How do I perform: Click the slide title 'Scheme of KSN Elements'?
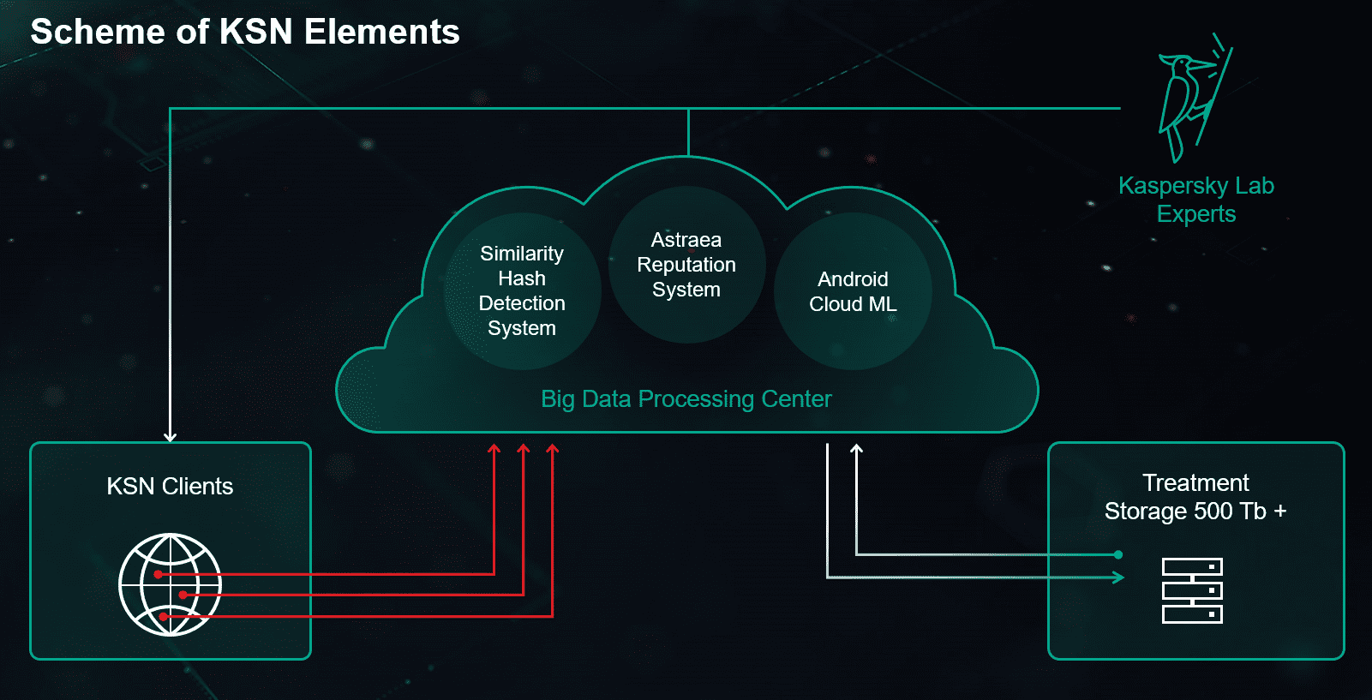pyautogui.click(x=245, y=33)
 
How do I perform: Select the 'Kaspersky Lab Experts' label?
pyautogui.click(x=1196, y=200)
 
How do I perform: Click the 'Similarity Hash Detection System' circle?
pyautogui.click(x=522, y=291)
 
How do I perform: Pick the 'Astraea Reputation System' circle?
pyautogui.click(x=686, y=265)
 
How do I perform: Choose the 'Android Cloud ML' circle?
pyautogui.click(x=853, y=291)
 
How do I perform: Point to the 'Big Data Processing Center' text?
pyautogui.click(x=686, y=399)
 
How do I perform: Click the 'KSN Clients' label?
pyautogui.click(x=170, y=487)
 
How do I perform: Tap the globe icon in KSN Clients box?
pyautogui.click(x=170, y=584)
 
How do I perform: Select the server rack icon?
pyautogui.click(x=1192, y=590)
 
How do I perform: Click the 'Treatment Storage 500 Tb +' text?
pyautogui.click(x=1195, y=497)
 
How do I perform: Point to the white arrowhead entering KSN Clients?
pyautogui.click(x=171, y=436)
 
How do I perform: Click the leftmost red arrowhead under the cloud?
pyautogui.click(x=494, y=448)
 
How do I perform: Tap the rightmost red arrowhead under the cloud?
pyautogui.click(x=553, y=448)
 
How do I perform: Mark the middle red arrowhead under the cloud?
pyautogui.click(x=524, y=448)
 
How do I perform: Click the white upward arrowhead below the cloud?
pyautogui.click(x=856, y=448)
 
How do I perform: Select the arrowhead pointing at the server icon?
pyautogui.click(x=1118, y=577)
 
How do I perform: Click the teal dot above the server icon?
pyautogui.click(x=1118, y=554)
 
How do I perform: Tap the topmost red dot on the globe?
pyautogui.click(x=159, y=574)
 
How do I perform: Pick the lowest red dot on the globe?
pyautogui.click(x=164, y=616)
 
